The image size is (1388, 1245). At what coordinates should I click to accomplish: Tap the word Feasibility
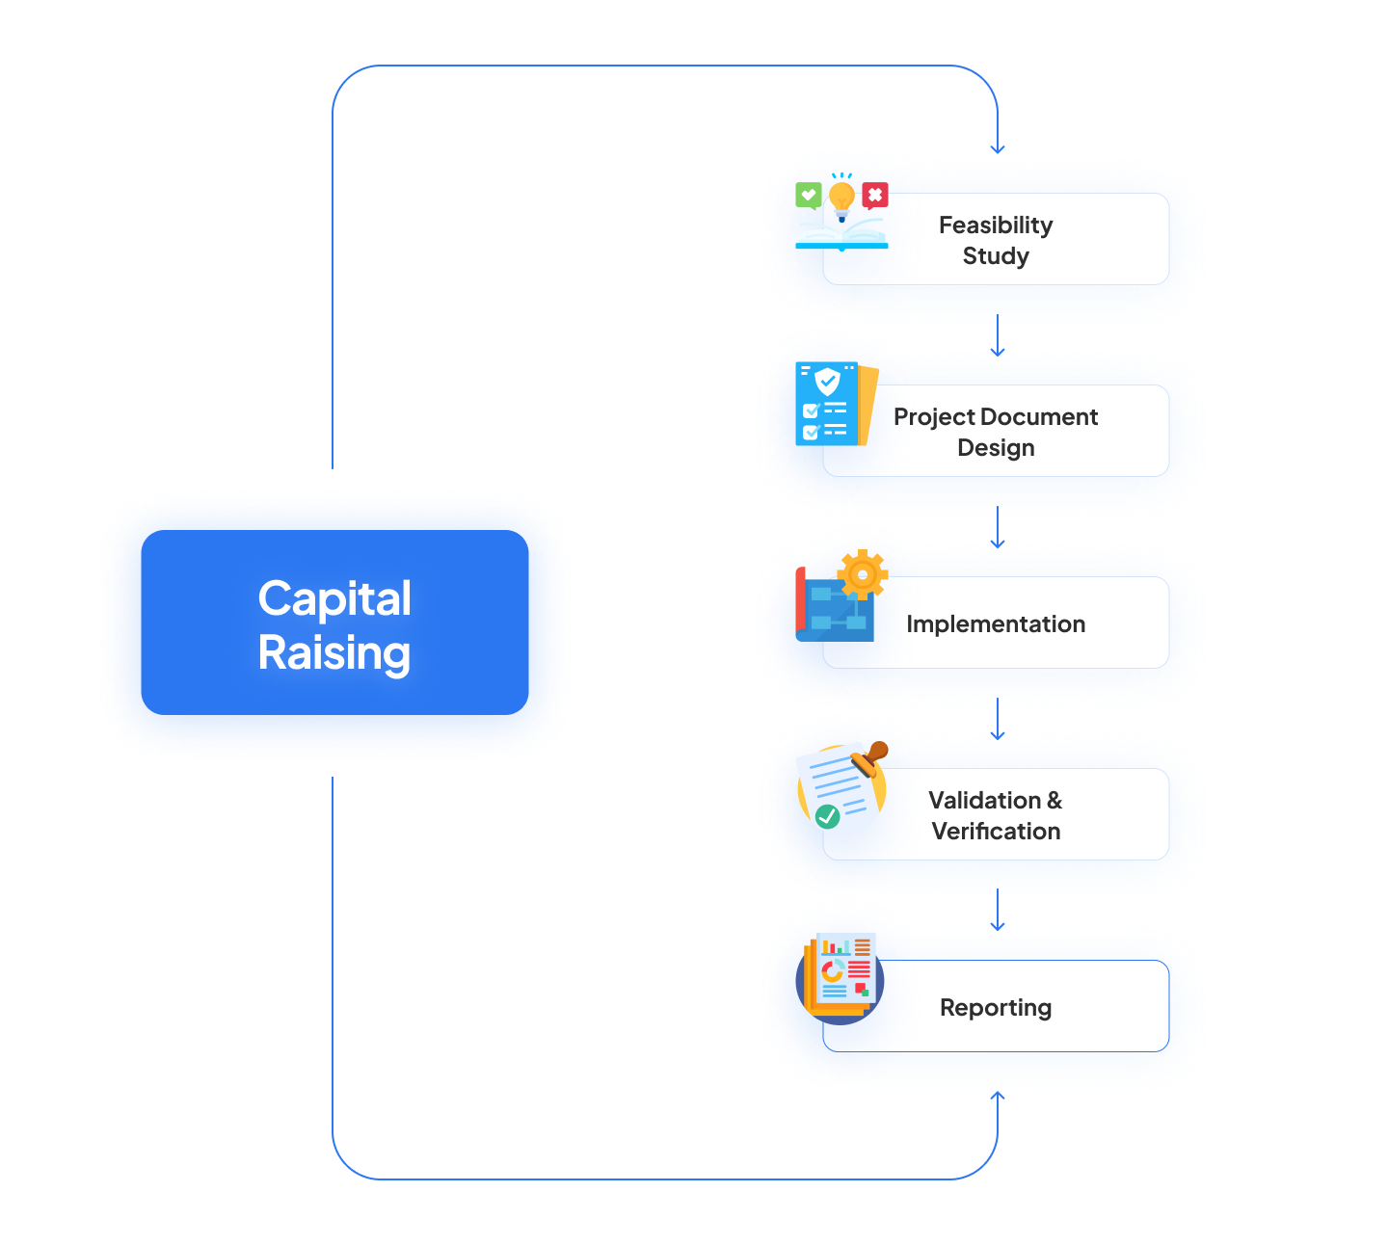996,225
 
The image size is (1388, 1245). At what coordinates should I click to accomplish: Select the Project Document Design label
996,432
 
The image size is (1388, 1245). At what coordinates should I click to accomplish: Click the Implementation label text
996,623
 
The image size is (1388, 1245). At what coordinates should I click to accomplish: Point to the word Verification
996,831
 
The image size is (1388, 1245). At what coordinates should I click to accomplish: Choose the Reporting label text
996,1007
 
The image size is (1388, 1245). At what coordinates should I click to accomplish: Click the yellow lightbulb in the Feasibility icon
841,199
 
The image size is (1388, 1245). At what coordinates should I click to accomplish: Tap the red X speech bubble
874,196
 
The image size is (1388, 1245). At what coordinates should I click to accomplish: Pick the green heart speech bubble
809,196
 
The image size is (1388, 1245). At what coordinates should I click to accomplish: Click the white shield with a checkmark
827,382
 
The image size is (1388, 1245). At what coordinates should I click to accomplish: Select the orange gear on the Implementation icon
862,575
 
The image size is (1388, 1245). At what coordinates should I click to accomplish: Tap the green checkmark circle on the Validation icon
827,816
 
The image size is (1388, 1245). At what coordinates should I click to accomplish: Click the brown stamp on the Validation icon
872,757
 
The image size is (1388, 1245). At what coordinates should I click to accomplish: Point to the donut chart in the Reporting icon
833,970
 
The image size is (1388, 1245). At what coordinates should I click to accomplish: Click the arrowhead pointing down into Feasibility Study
998,148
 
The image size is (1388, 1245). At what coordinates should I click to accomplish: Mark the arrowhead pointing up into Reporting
998,1096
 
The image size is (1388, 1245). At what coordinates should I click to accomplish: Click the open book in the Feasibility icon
841,233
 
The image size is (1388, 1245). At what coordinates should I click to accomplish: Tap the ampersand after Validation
1054,800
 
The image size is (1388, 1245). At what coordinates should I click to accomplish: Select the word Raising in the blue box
334,652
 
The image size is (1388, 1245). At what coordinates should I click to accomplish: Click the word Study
996,255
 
